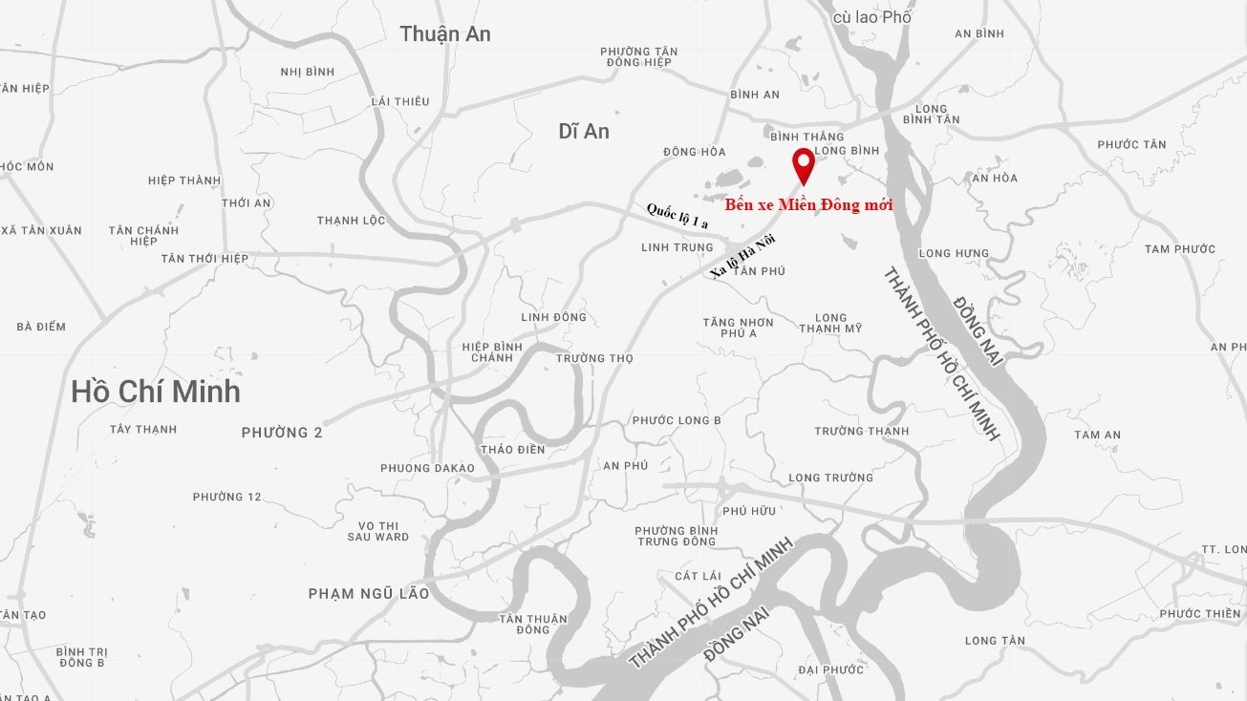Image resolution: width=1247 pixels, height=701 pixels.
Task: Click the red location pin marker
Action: [804, 164]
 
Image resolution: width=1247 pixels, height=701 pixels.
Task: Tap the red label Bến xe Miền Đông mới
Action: [808, 204]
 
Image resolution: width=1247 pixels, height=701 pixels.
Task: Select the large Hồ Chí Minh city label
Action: [156, 392]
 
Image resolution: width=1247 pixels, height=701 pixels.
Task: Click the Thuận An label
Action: [445, 33]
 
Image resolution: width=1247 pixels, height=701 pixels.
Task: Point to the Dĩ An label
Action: [584, 132]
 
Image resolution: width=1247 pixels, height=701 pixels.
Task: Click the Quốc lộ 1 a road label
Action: [677, 216]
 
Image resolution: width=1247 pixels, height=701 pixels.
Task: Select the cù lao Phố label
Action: [872, 17]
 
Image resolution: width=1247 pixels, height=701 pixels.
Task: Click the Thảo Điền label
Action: [512, 449]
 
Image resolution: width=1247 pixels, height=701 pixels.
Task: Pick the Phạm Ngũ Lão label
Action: [369, 594]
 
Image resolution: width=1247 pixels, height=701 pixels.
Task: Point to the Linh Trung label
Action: [677, 247]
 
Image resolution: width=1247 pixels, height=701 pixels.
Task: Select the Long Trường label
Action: [830, 478]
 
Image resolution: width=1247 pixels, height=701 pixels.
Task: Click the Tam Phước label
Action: [1180, 249]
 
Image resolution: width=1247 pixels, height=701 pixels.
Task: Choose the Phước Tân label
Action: [1131, 144]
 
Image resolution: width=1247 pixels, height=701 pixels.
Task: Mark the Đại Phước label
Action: [830, 669]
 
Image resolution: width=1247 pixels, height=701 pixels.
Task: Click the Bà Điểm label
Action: [41, 327]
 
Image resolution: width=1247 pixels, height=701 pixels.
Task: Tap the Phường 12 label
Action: [226, 497]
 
